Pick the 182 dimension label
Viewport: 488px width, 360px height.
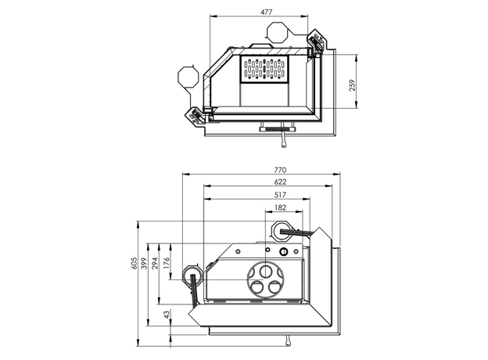(x=280, y=208)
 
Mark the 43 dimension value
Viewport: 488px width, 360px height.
(x=167, y=314)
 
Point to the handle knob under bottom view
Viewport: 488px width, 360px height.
(x=288, y=339)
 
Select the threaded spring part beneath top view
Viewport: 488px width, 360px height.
(x=273, y=128)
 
